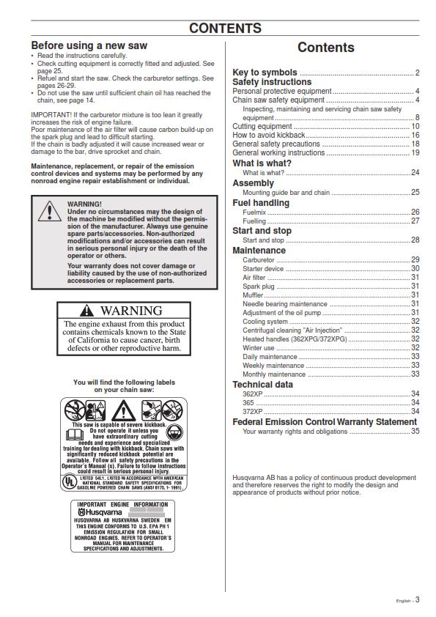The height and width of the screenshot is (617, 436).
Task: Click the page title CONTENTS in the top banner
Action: click(225, 29)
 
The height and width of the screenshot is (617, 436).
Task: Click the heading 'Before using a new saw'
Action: click(89, 45)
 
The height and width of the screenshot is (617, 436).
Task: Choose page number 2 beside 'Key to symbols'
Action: click(417, 73)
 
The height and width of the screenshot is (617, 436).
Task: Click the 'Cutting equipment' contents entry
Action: click(262, 127)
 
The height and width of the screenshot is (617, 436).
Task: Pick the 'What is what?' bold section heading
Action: click(262, 163)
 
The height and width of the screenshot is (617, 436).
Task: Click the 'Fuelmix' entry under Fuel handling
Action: click(254, 212)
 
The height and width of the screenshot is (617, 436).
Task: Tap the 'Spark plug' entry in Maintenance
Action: click(258, 287)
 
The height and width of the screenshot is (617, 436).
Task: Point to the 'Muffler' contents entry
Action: click(254, 295)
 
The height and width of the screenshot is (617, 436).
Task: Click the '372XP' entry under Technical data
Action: click(253, 412)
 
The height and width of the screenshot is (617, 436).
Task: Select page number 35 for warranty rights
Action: click(415, 432)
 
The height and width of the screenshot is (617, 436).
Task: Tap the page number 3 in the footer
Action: click(417, 599)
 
